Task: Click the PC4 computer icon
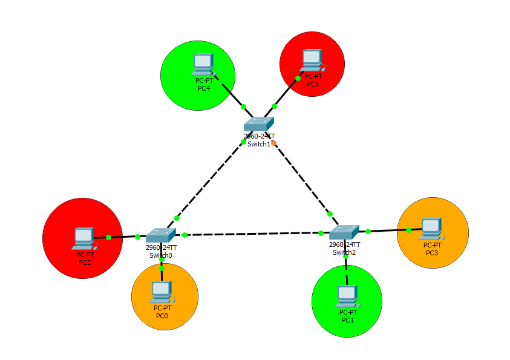pyautogui.click(x=203, y=64)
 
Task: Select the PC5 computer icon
pyautogui.click(x=312, y=59)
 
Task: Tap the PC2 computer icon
pyautogui.click(x=83, y=238)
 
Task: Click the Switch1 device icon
pyautogui.click(x=260, y=124)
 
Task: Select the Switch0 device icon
pyautogui.click(x=160, y=235)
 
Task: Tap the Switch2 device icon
pyautogui.click(x=344, y=232)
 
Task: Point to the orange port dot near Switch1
pyautogui.click(x=274, y=143)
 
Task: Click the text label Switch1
pyautogui.click(x=259, y=144)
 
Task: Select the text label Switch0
pyautogui.click(x=161, y=255)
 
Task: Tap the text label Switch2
pyautogui.click(x=344, y=252)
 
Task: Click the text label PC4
pyautogui.click(x=204, y=88)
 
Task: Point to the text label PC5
pyautogui.click(x=313, y=84)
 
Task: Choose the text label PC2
pyautogui.click(x=85, y=262)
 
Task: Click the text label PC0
pyautogui.click(x=162, y=316)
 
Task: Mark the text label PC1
pyautogui.click(x=347, y=320)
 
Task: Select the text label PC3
pyautogui.click(x=432, y=253)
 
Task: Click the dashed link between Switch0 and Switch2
pyautogui.click(x=253, y=234)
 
